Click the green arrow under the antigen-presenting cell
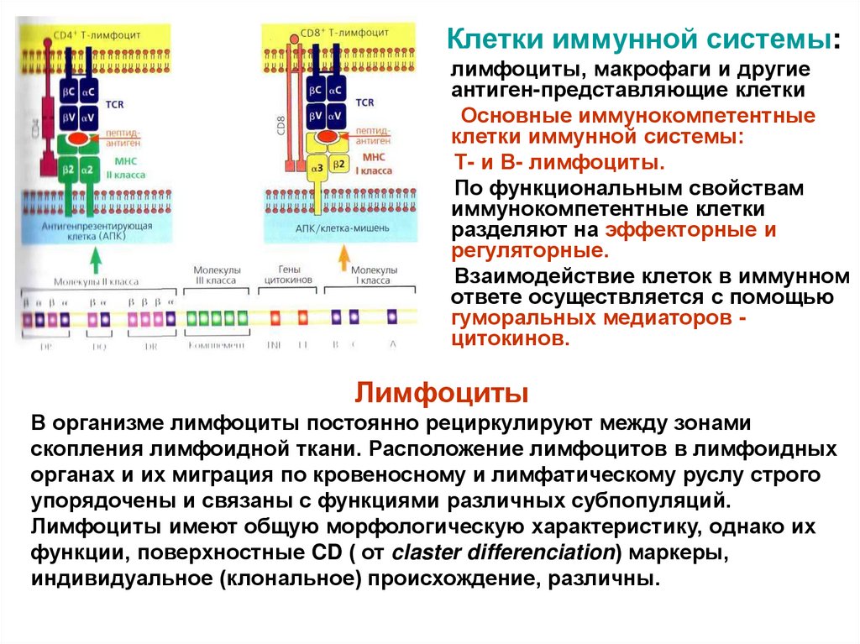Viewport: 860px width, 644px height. pos(95,261)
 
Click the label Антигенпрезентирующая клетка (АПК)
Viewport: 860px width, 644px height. pos(87,232)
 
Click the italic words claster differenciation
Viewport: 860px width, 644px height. pos(503,553)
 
